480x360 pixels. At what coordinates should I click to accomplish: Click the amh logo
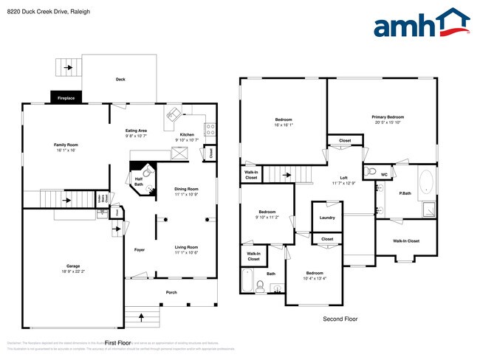point(422,24)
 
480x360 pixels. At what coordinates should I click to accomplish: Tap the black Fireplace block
point(66,97)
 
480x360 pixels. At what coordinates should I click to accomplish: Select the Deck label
point(120,80)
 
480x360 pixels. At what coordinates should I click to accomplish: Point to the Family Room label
point(66,145)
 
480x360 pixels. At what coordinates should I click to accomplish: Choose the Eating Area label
point(136,131)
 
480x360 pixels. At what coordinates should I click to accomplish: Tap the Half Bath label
point(138,181)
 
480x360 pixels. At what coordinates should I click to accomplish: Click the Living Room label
point(186,247)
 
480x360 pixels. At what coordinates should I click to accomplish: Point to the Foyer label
point(139,249)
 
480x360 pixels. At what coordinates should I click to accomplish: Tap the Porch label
point(171,292)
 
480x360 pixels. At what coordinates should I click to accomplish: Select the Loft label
point(343,178)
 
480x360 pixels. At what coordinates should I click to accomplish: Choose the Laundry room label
point(326,218)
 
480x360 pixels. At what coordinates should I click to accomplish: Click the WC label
point(383,174)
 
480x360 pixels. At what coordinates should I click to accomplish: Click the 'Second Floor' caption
point(341,319)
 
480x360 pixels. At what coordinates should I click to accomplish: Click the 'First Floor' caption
point(117,343)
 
